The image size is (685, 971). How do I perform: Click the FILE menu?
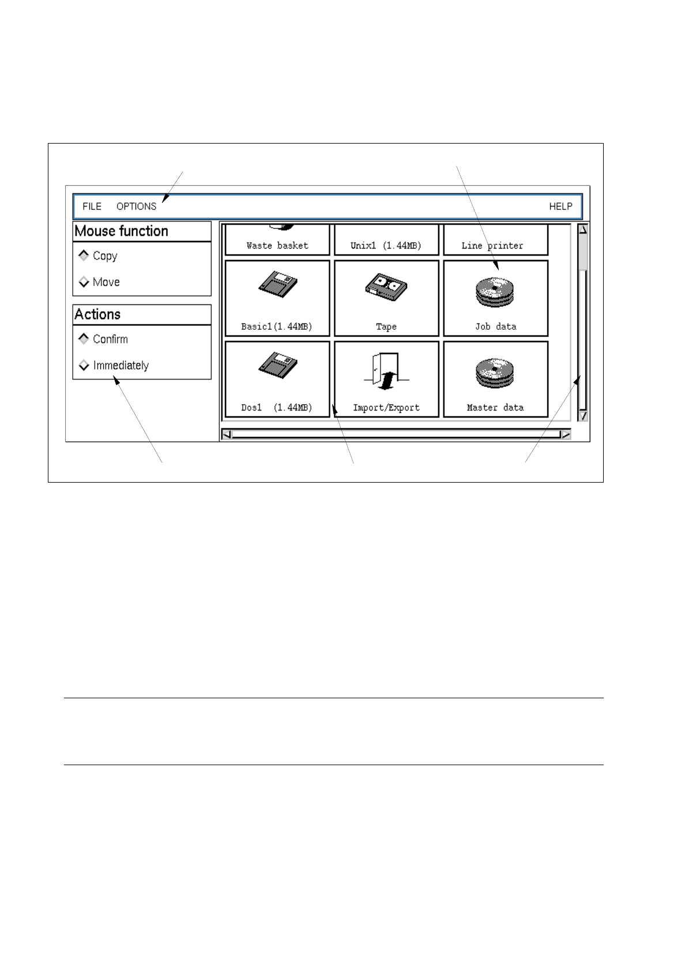pyautogui.click(x=92, y=206)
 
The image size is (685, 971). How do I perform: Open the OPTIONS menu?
pyautogui.click(x=136, y=206)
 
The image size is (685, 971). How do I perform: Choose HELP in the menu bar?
pyautogui.click(x=560, y=206)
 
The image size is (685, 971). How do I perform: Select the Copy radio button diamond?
pyautogui.click(x=84, y=255)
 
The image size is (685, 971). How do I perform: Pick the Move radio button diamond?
pyautogui.click(x=84, y=282)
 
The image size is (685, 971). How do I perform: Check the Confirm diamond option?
pyautogui.click(x=84, y=339)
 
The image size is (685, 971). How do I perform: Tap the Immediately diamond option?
pyautogui.click(x=84, y=365)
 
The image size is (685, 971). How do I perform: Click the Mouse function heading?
pyautogui.click(x=122, y=231)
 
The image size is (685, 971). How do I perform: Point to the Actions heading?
pyautogui.click(x=98, y=314)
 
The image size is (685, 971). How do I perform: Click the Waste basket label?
pyautogui.click(x=277, y=246)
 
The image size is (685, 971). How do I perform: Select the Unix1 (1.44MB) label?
pyautogui.click(x=386, y=246)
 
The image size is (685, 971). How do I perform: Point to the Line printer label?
pyautogui.click(x=492, y=246)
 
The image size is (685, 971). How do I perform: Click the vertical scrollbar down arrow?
pyautogui.click(x=583, y=415)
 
